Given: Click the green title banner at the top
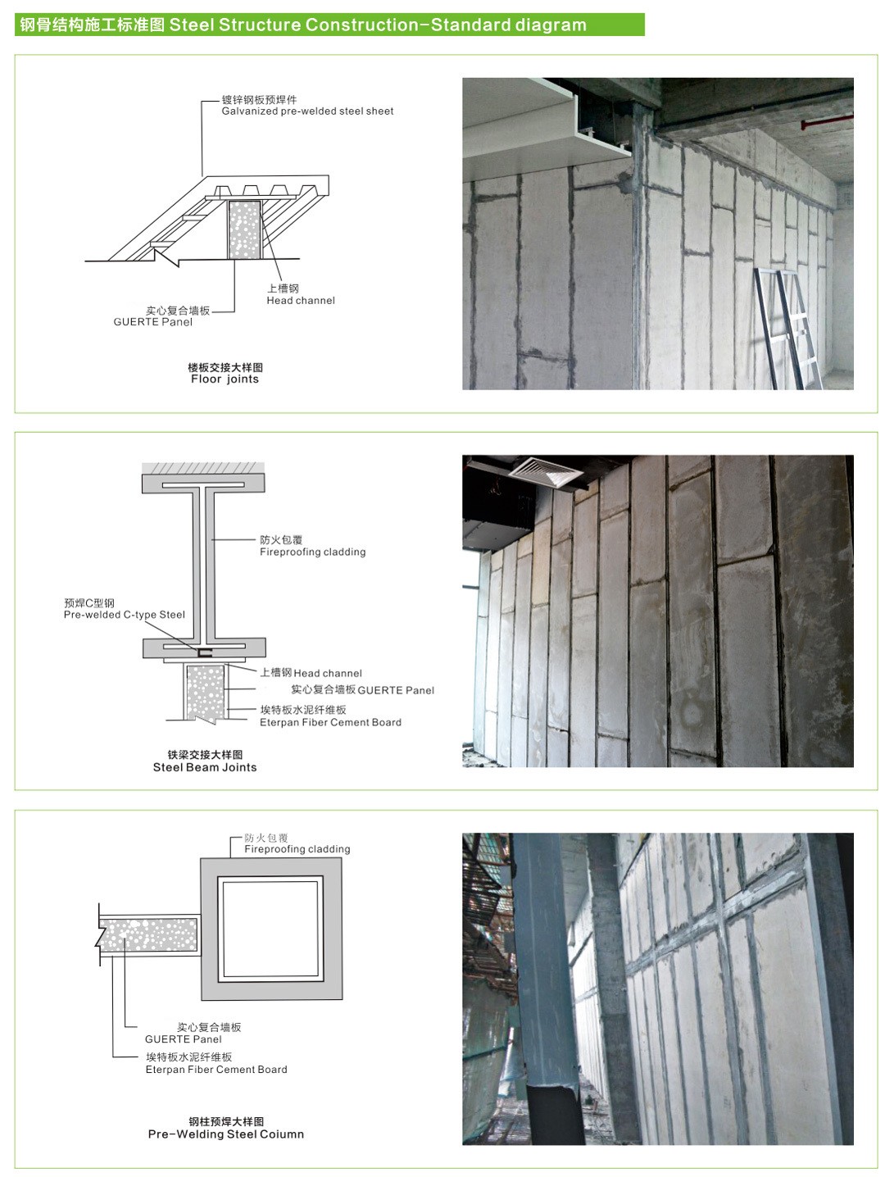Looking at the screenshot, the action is [x=329, y=25].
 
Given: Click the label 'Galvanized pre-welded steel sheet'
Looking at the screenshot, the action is [x=307, y=111].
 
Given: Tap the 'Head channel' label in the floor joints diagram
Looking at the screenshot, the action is [x=301, y=301].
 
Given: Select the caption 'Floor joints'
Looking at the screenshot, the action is [x=225, y=379].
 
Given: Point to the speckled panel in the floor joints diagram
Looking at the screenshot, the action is [x=244, y=230].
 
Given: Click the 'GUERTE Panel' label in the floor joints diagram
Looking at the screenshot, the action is [x=152, y=322].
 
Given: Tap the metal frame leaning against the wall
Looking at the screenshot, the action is [x=788, y=328].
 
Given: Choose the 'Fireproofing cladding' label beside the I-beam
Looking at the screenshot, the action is [x=312, y=552].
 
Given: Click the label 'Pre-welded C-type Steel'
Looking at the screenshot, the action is [x=125, y=615].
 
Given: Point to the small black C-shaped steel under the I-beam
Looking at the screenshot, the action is [x=204, y=652].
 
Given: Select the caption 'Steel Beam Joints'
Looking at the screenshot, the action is [x=205, y=767].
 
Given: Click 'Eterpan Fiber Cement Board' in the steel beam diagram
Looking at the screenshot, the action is [x=330, y=722].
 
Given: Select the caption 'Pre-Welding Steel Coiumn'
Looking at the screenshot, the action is [x=226, y=1134].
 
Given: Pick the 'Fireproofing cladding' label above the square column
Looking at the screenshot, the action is [x=297, y=849].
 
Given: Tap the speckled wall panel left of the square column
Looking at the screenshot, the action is [x=148, y=935].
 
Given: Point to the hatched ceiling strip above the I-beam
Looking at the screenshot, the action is [x=203, y=468].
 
